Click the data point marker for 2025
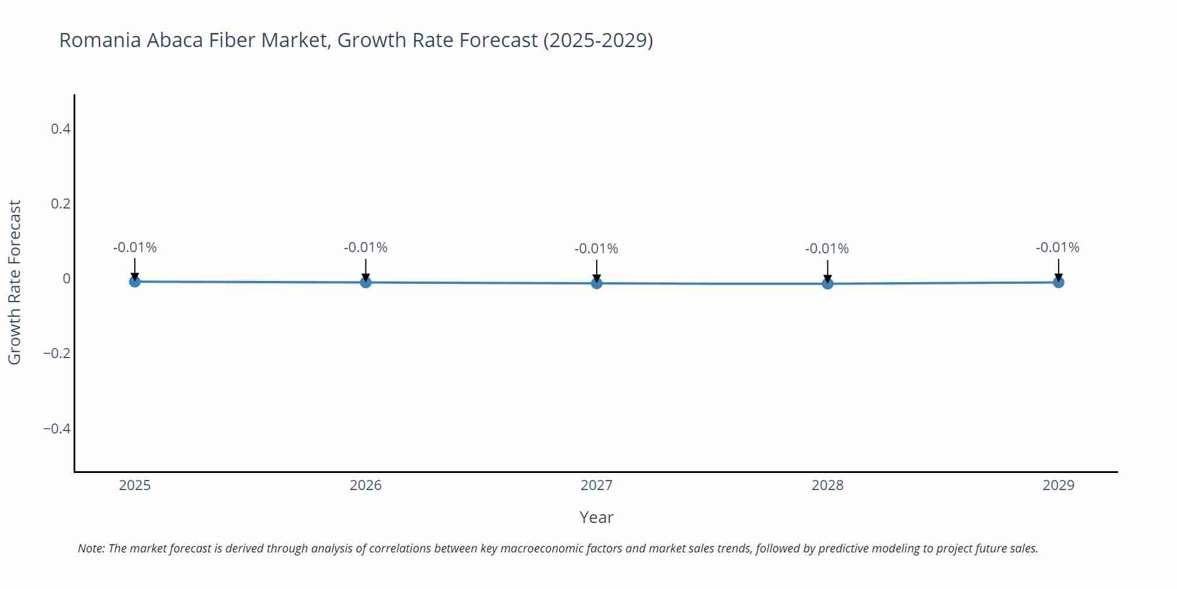point(135,282)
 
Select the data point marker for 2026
point(365,282)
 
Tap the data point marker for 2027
point(597,283)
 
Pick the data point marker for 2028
point(827,284)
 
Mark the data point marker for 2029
point(1058,282)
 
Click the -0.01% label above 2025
point(135,247)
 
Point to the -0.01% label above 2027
point(596,249)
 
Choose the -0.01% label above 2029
point(1058,247)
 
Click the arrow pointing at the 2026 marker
point(365,270)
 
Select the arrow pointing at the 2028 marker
point(827,271)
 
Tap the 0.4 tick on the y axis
point(61,128)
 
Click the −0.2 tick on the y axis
point(57,353)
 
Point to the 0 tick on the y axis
point(67,279)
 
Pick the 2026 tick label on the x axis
point(365,485)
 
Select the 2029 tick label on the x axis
point(1058,485)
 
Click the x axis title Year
point(596,517)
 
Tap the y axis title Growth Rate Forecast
point(15,282)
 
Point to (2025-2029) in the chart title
point(597,40)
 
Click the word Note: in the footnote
point(91,548)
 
